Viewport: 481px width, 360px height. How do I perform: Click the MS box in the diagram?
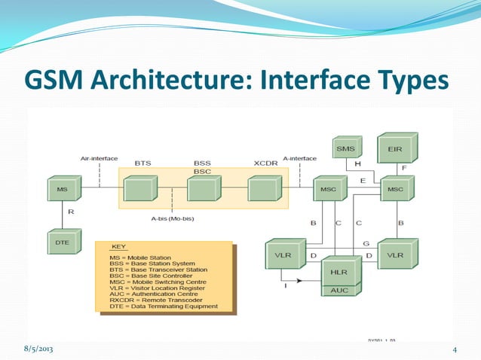click(x=62, y=188)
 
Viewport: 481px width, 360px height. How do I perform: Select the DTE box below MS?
click(x=62, y=243)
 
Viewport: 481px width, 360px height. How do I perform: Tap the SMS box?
click(x=346, y=149)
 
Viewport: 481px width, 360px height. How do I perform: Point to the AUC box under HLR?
click(x=340, y=290)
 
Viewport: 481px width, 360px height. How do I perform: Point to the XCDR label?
click(x=266, y=163)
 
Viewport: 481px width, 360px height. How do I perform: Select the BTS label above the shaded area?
click(x=142, y=163)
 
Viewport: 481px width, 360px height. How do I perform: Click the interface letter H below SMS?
click(x=357, y=164)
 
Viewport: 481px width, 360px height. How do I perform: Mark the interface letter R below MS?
click(x=71, y=212)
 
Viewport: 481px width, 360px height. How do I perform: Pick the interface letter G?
click(x=365, y=244)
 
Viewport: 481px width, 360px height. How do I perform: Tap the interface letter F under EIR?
click(x=404, y=169)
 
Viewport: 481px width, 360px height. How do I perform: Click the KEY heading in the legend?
click(x=119, y=247)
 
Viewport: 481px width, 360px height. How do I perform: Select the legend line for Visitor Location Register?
click(x=161, y=287)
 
